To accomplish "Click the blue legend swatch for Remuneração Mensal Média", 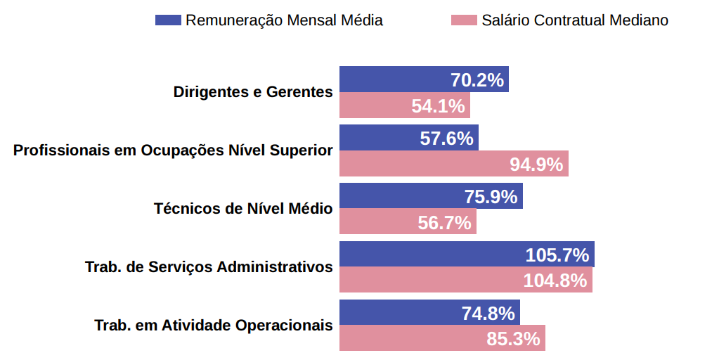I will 168,20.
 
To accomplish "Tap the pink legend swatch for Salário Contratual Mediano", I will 463,20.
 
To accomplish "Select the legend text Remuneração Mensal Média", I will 284,20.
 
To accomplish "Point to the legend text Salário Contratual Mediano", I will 575,20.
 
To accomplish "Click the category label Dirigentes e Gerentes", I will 253,92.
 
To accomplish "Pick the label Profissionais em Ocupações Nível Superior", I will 173,150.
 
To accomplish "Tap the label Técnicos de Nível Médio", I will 243,209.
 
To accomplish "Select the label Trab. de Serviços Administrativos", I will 209,267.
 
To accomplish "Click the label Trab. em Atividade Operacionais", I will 214,326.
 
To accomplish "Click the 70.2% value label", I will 477,80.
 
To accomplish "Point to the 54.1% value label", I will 438,106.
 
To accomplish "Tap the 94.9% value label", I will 536,165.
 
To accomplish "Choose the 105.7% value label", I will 557,255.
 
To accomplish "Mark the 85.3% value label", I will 513,339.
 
